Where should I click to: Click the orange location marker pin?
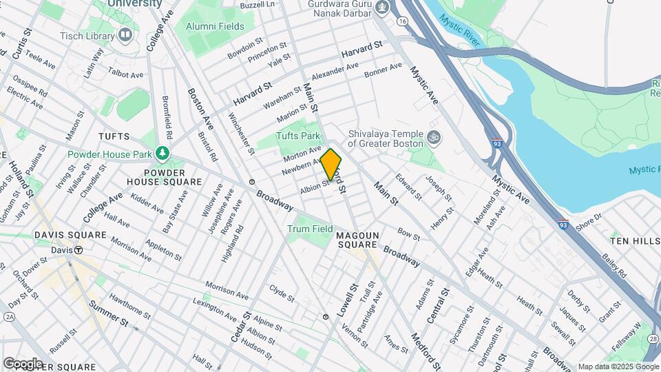(x=331, y=165)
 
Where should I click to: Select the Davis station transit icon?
(x=80, y=250)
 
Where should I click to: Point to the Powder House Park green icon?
(x=163, y=152)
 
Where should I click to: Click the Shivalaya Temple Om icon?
(x=432, y=138)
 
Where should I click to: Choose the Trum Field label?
(x=310, y=229)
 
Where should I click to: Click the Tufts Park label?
(x=299, y=136)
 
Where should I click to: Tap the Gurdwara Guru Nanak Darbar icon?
(x=384, y=8)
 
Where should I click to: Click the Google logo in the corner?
(x=23, y=363)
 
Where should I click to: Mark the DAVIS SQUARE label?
(x=71, y=235)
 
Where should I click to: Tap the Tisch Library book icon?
(x=125, y=34)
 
